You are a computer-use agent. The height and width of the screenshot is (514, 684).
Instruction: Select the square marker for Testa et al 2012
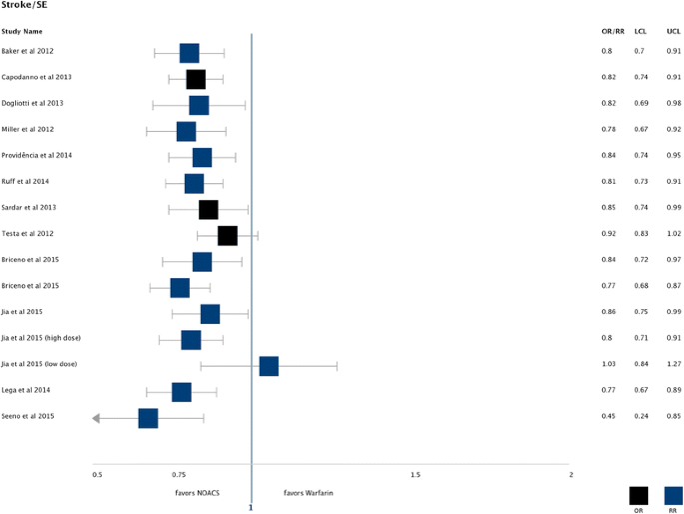(x=228, y=235)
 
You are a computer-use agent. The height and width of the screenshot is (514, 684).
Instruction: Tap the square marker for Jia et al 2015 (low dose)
(x=269, y=366)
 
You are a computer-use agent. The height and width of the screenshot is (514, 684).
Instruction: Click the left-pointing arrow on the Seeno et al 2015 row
(x=96, y=418)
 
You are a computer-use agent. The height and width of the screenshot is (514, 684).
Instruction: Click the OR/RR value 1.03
(x=607, y=364)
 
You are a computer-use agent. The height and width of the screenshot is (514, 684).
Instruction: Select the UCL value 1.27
(x=674, y=364)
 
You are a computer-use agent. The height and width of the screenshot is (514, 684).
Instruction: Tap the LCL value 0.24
(x=640, y=416)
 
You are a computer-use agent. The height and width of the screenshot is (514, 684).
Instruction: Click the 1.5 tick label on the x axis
(x=415, y=475)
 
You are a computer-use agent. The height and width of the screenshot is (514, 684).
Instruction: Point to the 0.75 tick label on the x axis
(x=180, y=475)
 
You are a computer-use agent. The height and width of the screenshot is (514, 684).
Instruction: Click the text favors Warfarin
(x=308, y=493)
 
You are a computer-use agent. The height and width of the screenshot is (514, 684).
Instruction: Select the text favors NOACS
(x=197, y=493)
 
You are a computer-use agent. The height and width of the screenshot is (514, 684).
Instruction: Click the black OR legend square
(x=639, y=495)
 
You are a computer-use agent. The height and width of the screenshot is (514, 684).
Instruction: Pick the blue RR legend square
(x=673, y=495)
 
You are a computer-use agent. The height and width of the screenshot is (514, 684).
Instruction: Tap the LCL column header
(x=640, y=31)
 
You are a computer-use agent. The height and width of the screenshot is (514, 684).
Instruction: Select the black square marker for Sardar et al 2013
(x=208, y=209)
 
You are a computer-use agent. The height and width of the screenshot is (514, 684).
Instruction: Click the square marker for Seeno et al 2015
(x=148, y=418)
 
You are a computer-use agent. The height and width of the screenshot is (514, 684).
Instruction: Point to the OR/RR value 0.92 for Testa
(x=607, y=234)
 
